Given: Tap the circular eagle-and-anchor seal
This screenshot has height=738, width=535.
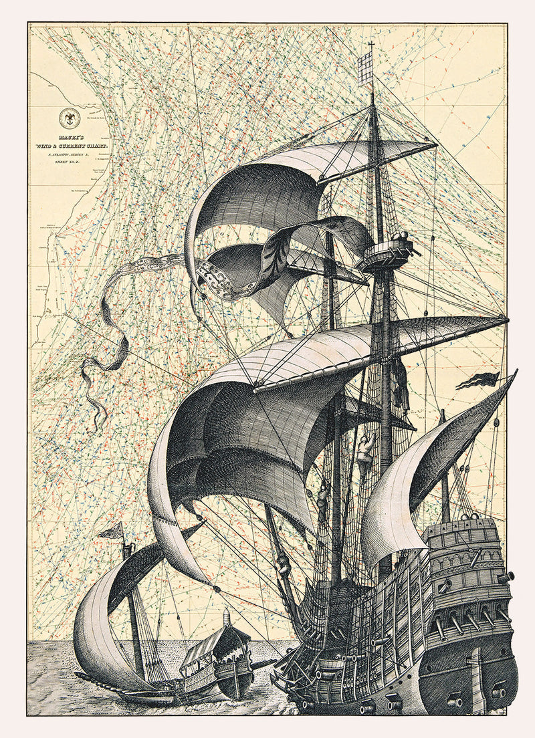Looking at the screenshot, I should click(69, 118).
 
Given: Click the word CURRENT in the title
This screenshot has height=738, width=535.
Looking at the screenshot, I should click(84, 145).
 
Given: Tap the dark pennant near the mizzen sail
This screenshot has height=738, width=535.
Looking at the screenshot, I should click(477, 380).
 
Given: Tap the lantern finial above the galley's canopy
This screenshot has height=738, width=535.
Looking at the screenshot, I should click(227, 614).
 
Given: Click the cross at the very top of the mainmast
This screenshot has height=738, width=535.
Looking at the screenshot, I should click(371, 46).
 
